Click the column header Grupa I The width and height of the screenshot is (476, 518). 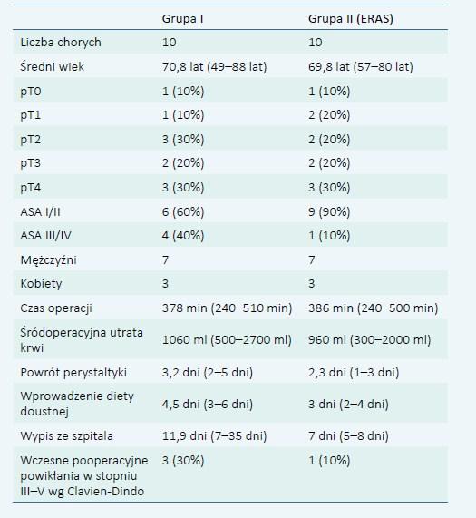coord(182,19)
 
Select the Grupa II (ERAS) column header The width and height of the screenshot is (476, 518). coord(351,19)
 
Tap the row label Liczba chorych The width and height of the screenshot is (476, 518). coord(61,43)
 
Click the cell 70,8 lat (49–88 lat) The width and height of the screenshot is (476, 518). coord(214,67)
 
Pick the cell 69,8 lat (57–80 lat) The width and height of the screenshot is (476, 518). coord(361,67)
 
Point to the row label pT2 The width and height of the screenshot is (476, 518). coord(30,140)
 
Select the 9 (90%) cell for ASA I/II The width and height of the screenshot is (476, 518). coord(329,211)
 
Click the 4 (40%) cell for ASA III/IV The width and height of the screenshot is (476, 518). coord(183,236)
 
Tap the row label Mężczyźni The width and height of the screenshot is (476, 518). coord(49,260)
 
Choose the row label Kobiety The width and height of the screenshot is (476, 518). coord(41,284)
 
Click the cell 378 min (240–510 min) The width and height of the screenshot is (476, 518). coord(227,308)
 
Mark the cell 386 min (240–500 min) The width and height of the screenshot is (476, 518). coord(373,308)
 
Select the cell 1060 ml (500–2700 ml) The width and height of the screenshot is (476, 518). coord(227,340)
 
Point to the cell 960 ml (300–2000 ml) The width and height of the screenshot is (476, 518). coord(369,340)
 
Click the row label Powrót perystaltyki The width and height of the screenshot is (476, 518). coord(73,373)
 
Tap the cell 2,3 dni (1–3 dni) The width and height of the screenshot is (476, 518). coord(354,373)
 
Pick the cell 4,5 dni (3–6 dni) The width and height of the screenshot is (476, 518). coord(208,405)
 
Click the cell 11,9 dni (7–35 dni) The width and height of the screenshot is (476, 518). coord(214,436)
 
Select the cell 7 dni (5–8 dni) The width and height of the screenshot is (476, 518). coord(348,436)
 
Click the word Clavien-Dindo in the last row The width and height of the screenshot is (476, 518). coord(106,492)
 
